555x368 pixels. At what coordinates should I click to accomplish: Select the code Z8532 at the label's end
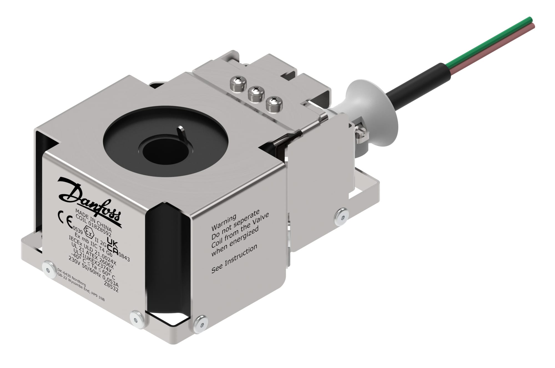point(111,287)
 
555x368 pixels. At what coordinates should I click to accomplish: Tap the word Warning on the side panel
point(224,222)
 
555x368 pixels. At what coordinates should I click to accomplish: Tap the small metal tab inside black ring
point(182,133)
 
